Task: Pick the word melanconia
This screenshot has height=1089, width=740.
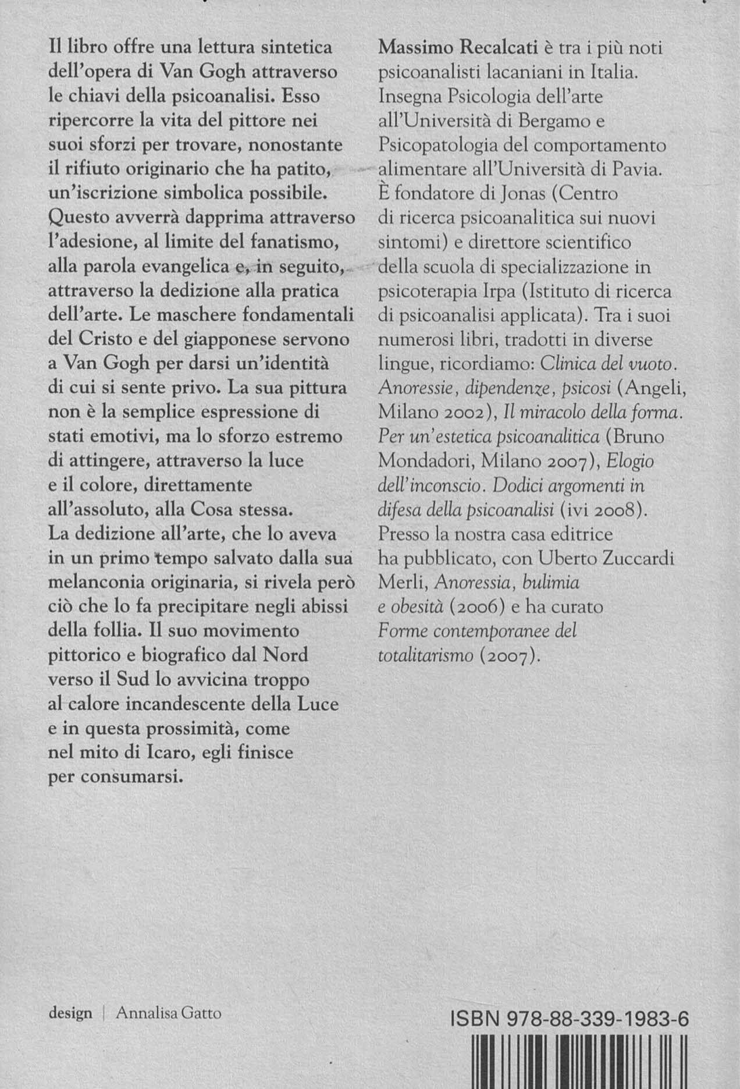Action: coord(106,583)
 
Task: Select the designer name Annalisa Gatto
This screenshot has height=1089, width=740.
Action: coord(169,1013)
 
